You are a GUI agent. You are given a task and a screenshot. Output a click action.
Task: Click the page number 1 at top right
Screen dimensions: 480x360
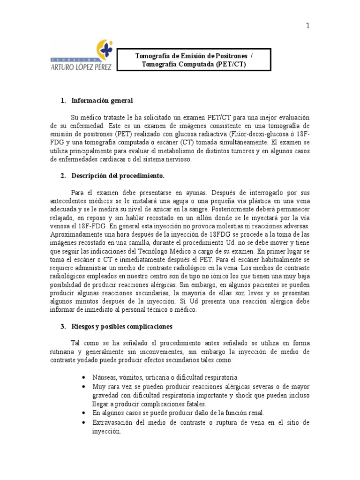[307, 26]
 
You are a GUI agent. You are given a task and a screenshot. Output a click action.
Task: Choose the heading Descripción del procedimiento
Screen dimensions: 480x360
[118, 176]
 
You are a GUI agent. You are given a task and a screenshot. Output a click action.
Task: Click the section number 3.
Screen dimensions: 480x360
[63, 326]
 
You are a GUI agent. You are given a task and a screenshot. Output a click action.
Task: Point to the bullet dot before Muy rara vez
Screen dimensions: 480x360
[83, 386]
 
